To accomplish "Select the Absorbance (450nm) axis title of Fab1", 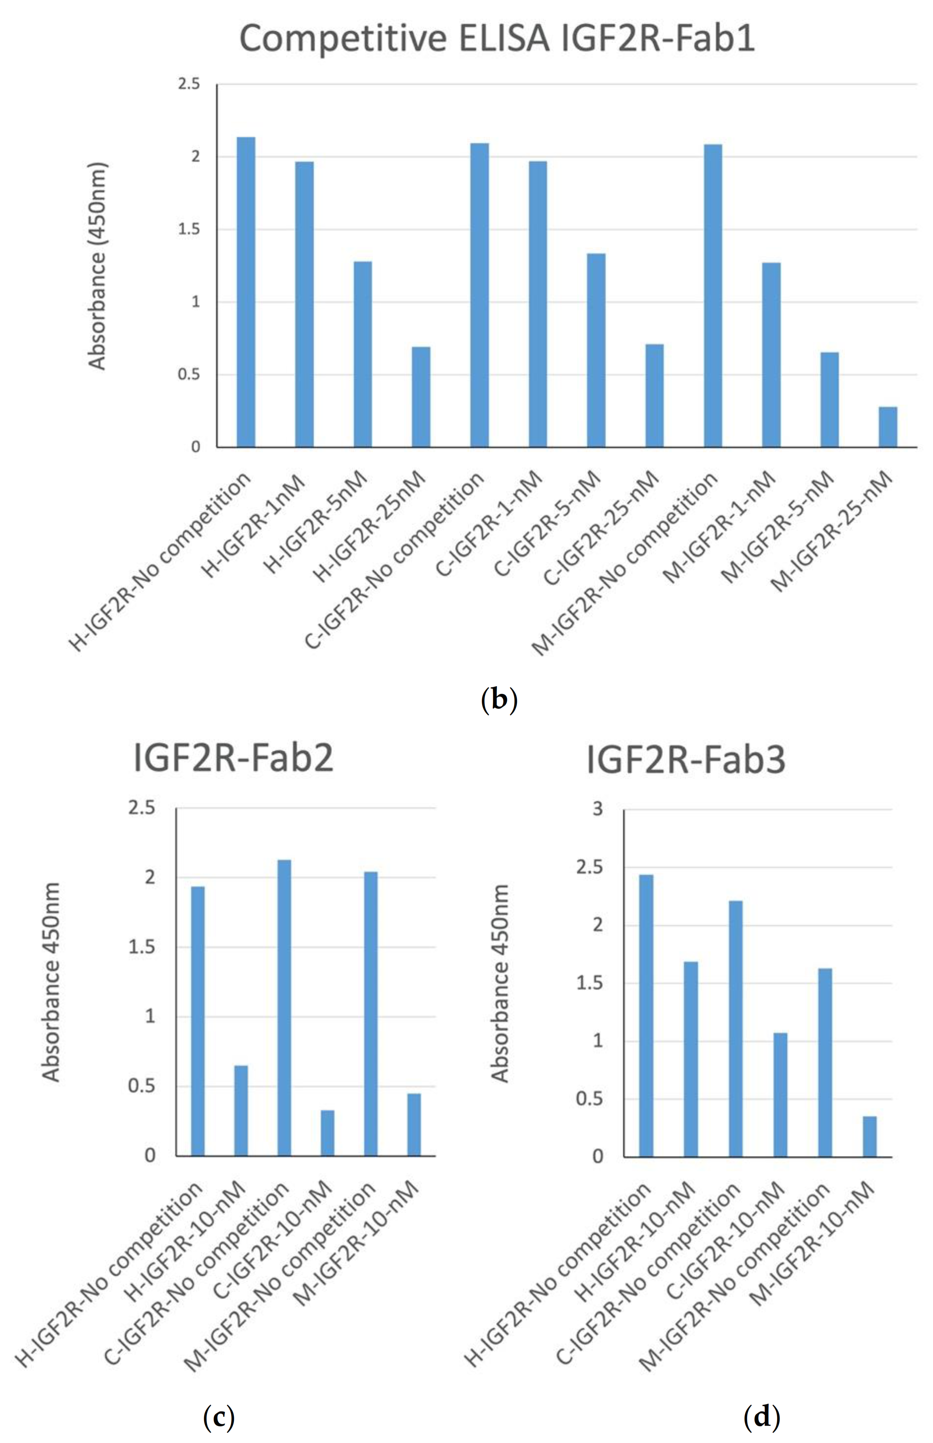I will [x=97, y=266].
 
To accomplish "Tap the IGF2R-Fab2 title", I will [x=233, y=758].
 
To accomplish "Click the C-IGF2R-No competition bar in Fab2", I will [x=284, y=1008].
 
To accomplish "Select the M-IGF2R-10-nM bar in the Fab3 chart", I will [x=869, y=1136].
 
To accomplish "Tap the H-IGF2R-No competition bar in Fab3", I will [x=646, y=1015].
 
